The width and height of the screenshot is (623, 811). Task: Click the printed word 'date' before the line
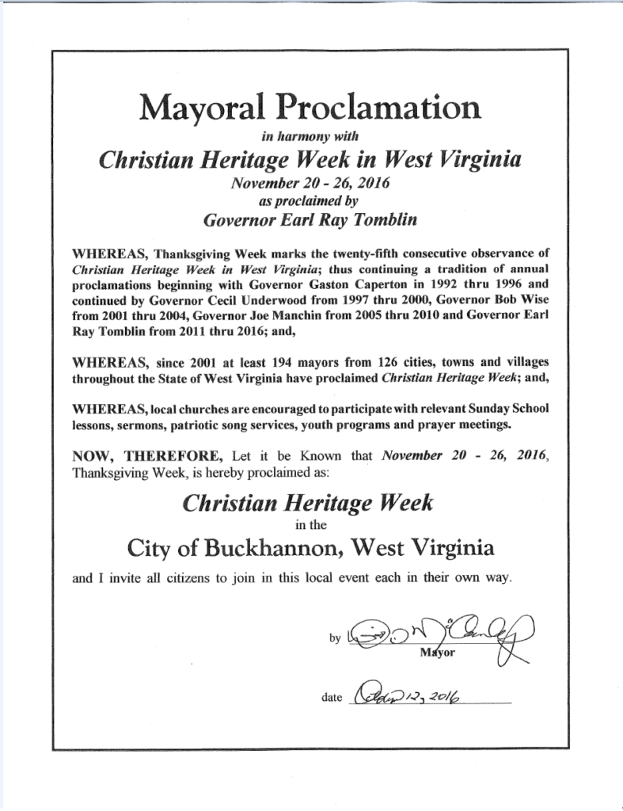pos(332,698)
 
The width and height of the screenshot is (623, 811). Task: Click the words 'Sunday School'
pos(505,409)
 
